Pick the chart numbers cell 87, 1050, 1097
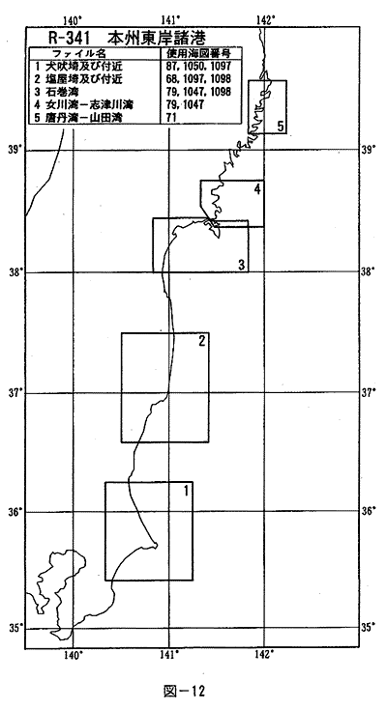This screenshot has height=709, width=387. pyautogui.click(x=198, y=67)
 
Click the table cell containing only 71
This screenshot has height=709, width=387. pyautogui.click(x=171, y=118)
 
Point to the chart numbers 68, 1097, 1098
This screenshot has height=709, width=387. pyautogui.click(x=198, y=79)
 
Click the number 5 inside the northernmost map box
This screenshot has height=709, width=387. pyautogui.click(x=281, y=127)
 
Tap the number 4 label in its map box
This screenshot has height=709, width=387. pyautogui.click(x=257, y=189)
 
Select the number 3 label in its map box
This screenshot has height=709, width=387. pyautogui.click(x=242, y=265)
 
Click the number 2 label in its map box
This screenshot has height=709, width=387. pyautogui.click(x=202, y=340)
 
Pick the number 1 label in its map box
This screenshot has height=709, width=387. pyautogui.click(x=187, y=490)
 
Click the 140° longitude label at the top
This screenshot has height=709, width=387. pyautogui.click(x=73, y=20)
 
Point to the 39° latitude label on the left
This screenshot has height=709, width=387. pyautogui.click(x=15, y=150)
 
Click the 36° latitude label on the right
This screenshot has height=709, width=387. pyautogui.click(x=368, y=511)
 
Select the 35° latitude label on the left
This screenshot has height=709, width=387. pyautogui.click(x=15, y=628)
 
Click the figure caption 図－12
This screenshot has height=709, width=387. pyautogui.click(x=184, y=691)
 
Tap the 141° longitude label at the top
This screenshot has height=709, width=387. pyautogui.click(x=169, y=20)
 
